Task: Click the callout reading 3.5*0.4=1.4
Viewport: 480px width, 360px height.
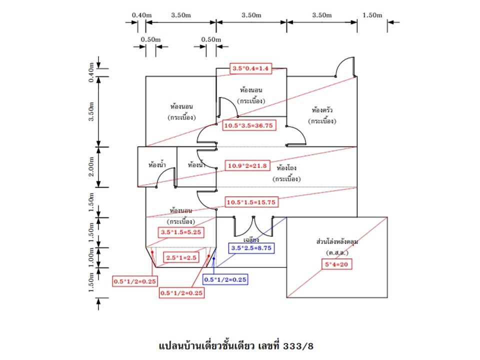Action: click(250, 68)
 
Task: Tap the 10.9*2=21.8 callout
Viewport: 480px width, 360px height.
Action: click(246, 165)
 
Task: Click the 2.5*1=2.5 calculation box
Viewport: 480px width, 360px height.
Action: click(182, 257)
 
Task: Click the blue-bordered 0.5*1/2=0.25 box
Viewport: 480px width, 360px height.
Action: click(225, 279)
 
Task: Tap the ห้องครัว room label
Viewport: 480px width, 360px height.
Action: click(323, 109)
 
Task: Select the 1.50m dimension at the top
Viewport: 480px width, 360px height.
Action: click(372, 15)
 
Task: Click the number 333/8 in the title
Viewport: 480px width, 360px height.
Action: click(297, 345)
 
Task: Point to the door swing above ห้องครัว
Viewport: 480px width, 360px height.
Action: click(345, 67)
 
